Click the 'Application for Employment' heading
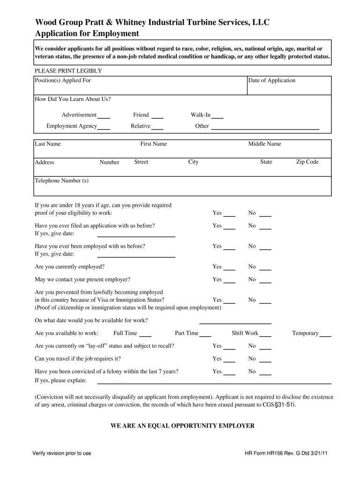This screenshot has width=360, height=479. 87,34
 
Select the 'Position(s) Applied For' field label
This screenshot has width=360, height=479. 63,80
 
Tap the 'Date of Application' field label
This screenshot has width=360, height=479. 272,80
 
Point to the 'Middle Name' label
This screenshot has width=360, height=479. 265,144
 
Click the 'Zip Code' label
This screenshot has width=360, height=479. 307,162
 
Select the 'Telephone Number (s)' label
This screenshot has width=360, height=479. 62,181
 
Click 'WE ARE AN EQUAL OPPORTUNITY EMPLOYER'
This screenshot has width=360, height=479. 182,426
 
